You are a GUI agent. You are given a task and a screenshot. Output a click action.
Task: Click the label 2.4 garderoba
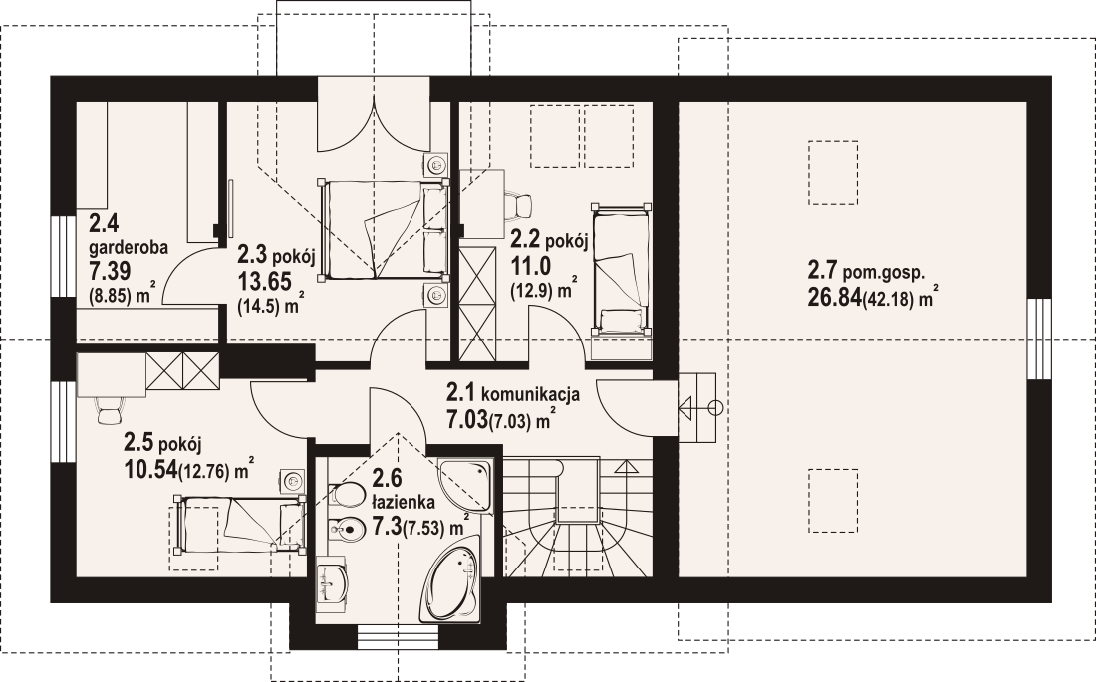(x=129, y=236)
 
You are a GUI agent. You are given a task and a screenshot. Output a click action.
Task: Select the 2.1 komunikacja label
(x=513, y=393)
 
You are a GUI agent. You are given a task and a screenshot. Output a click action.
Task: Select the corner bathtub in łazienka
(x=452, y=583)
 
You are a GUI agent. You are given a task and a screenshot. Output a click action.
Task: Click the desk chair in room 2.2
(x=518, y=203)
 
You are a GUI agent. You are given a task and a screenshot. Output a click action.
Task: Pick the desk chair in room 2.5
(x=110, y=410)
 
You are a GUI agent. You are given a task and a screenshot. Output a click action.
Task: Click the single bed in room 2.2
(x=620, y=268)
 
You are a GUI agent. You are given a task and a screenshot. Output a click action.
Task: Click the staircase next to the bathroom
(x=578, y=517)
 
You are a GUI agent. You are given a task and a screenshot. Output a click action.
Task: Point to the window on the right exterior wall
(x=1039, y=339)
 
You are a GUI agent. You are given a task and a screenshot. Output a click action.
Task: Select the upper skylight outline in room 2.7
(x=833, y=173)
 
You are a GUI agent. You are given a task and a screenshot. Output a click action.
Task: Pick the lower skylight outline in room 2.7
(x=833, y=501)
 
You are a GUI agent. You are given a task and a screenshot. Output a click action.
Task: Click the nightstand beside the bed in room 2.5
(x=293, y=481)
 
